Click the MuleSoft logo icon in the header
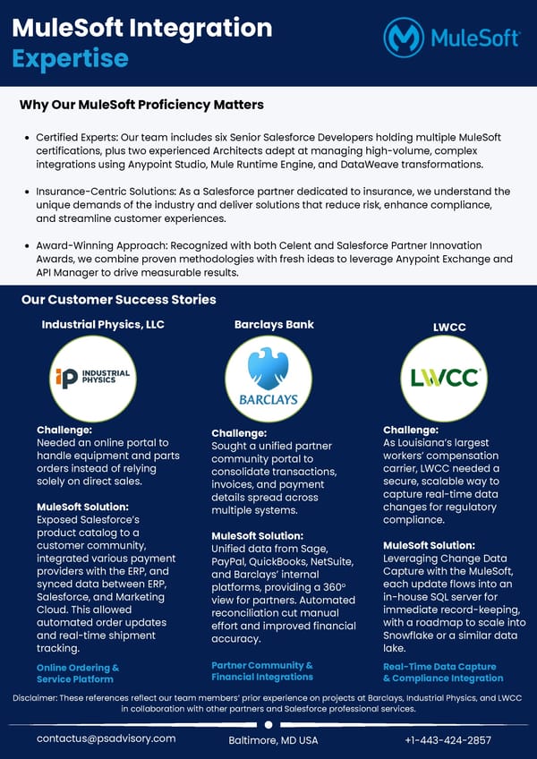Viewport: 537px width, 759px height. (404, 38)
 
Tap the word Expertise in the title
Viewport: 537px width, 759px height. (70, 58)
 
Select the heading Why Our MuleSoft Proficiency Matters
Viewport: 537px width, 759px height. (141, 105)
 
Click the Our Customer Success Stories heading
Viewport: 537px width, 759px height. (119, 300)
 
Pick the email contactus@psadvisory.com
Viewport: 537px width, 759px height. (106, 738)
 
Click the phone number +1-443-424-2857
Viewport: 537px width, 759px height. (447, 739)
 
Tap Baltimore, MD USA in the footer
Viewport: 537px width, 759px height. (273, 740)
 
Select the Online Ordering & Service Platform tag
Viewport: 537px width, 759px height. (78, 673)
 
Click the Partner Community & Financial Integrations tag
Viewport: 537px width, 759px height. (262, 670)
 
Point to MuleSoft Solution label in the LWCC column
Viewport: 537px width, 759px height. (429, 545)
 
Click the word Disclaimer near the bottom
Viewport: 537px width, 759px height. (38, 697)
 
